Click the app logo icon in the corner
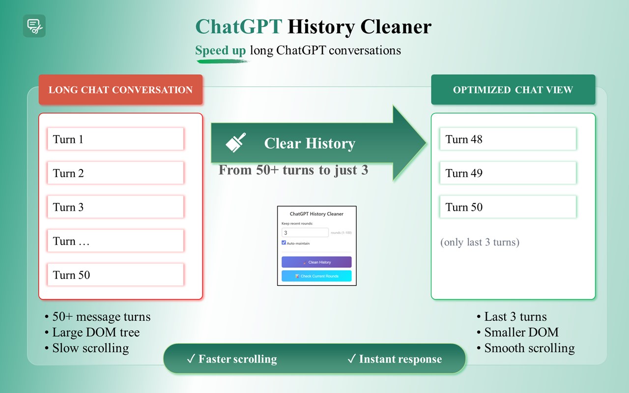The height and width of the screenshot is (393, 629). click(34, 26)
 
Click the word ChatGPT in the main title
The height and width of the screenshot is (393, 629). click(238, 27)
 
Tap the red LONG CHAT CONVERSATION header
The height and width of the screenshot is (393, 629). click(120, 90)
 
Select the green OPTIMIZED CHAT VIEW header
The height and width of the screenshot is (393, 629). click(513, 90)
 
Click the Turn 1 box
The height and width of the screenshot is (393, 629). click(115, 139)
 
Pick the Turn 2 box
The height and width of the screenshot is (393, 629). click(115, 173)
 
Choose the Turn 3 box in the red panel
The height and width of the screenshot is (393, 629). click(115, 207)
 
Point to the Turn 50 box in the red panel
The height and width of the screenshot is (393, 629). click(115, 275)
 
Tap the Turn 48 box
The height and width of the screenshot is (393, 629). click(508, 139)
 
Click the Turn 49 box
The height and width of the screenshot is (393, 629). click(508, 173)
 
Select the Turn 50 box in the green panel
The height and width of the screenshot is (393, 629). click(508, 207)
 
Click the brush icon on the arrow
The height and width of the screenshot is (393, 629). click(236, 142)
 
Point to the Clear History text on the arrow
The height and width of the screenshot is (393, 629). click(310, 143)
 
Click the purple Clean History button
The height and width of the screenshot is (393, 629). click(316, 262)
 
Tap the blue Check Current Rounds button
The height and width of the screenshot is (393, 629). click(316, 276)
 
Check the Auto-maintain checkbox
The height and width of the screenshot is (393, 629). click(284, 243)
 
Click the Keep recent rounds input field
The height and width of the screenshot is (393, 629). click(305, 233)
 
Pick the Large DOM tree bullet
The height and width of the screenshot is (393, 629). click(96, 333)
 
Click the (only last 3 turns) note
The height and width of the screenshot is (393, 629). click(480, 242)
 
